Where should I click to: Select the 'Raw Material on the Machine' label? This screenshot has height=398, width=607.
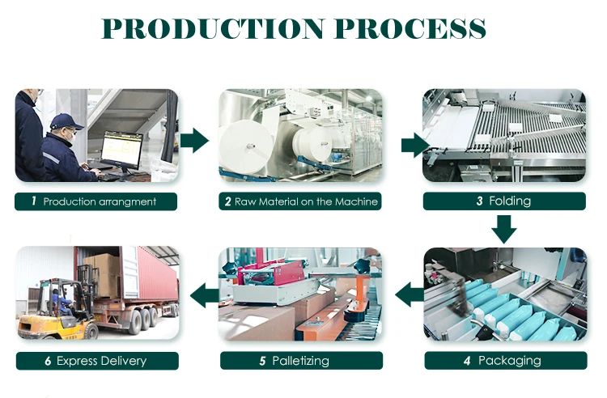300,201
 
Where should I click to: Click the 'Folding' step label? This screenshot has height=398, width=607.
503,201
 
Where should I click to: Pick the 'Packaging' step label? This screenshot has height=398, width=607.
503,360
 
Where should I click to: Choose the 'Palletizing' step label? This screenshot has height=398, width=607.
300,360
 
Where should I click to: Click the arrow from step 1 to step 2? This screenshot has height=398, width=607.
194,141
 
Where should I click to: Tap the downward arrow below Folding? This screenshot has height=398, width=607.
503,229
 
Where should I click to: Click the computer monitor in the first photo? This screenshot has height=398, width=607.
121,150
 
